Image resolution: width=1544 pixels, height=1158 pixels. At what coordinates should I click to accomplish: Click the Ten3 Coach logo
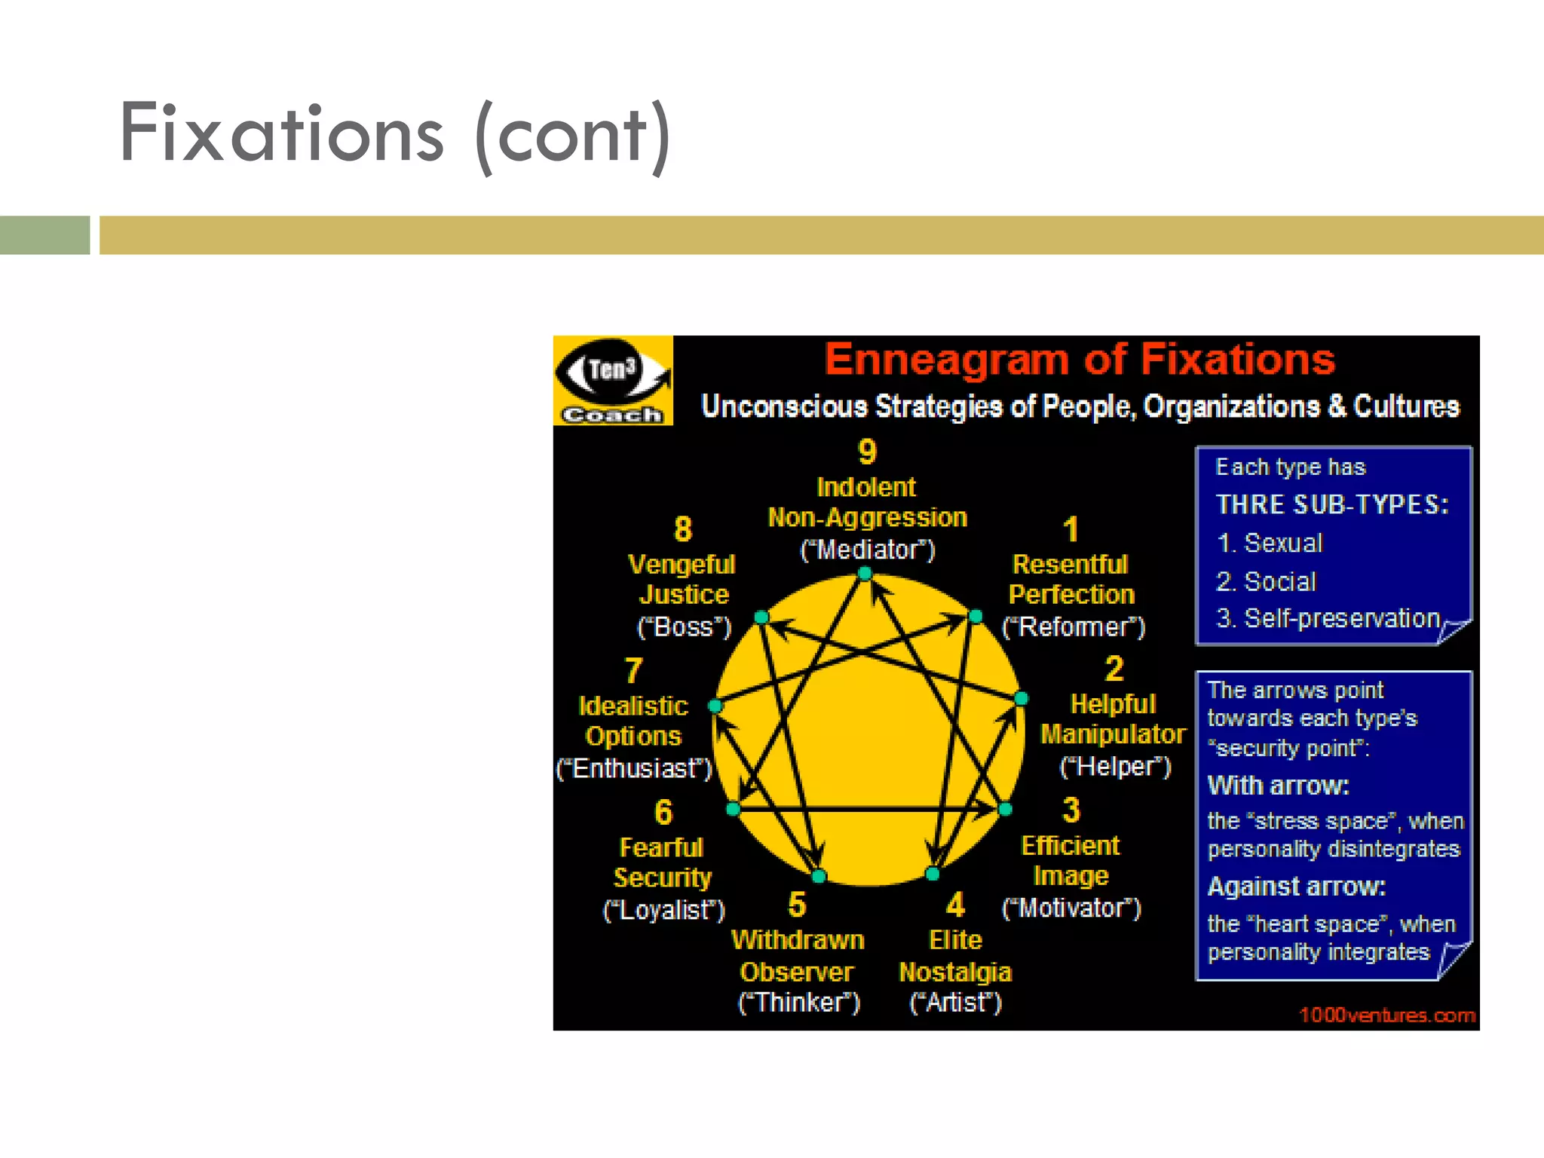point(613,381)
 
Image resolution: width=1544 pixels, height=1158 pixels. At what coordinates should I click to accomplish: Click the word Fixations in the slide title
point(282,133)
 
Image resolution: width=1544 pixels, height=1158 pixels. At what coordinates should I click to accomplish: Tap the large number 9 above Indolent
point(867,452)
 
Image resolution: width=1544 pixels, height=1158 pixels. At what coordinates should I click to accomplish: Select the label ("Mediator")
point(867,550)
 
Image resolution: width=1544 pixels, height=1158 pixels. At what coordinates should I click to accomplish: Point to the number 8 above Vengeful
point(682,529)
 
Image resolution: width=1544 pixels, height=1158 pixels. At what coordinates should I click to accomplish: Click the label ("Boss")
point(684,626)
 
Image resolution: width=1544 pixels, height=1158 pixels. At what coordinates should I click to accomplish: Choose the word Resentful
point(1070,564)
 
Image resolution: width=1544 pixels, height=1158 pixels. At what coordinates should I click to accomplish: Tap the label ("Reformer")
point(1073,626)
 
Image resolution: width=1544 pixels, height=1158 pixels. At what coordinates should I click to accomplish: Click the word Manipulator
point(1113,734)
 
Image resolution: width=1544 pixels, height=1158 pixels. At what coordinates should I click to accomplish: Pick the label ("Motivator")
point(1071,908)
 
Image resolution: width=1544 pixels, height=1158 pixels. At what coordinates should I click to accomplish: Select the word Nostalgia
point(955,972)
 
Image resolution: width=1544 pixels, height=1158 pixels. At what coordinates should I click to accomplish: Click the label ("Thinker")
point(798,1003)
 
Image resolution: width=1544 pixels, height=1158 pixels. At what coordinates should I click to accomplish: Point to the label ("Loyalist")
point(663,910)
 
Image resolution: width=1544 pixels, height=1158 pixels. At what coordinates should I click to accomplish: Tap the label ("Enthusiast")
point(634,768)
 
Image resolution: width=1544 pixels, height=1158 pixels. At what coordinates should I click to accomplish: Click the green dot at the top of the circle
point(865,574)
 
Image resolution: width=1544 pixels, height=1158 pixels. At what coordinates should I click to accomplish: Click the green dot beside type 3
point(1005,809)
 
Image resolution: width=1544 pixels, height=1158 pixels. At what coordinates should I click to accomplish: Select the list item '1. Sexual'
point(1270,543)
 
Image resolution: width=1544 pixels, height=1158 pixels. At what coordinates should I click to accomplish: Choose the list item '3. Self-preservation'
point(1328,618)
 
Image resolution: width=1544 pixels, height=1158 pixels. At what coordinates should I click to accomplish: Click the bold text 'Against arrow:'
point(1297,887)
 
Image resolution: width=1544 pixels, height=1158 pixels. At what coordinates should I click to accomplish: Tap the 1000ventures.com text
point(1387,1015)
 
